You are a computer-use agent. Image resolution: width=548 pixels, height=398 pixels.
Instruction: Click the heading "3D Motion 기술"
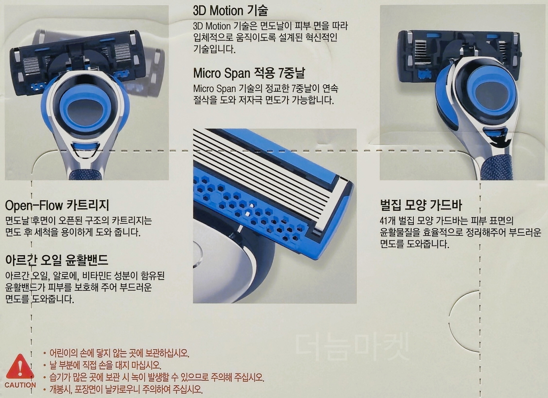click(x=230, y=11)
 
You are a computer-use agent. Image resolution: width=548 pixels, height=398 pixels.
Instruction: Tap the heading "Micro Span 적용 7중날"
click(x=249, y=73)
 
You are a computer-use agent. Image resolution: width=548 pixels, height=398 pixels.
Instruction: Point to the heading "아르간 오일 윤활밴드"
click(x=57, y=260)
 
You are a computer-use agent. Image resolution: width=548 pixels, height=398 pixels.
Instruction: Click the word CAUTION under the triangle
click(x=20, y=385)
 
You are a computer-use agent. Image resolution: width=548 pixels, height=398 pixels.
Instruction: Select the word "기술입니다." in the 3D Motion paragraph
click(x=214, y=49)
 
